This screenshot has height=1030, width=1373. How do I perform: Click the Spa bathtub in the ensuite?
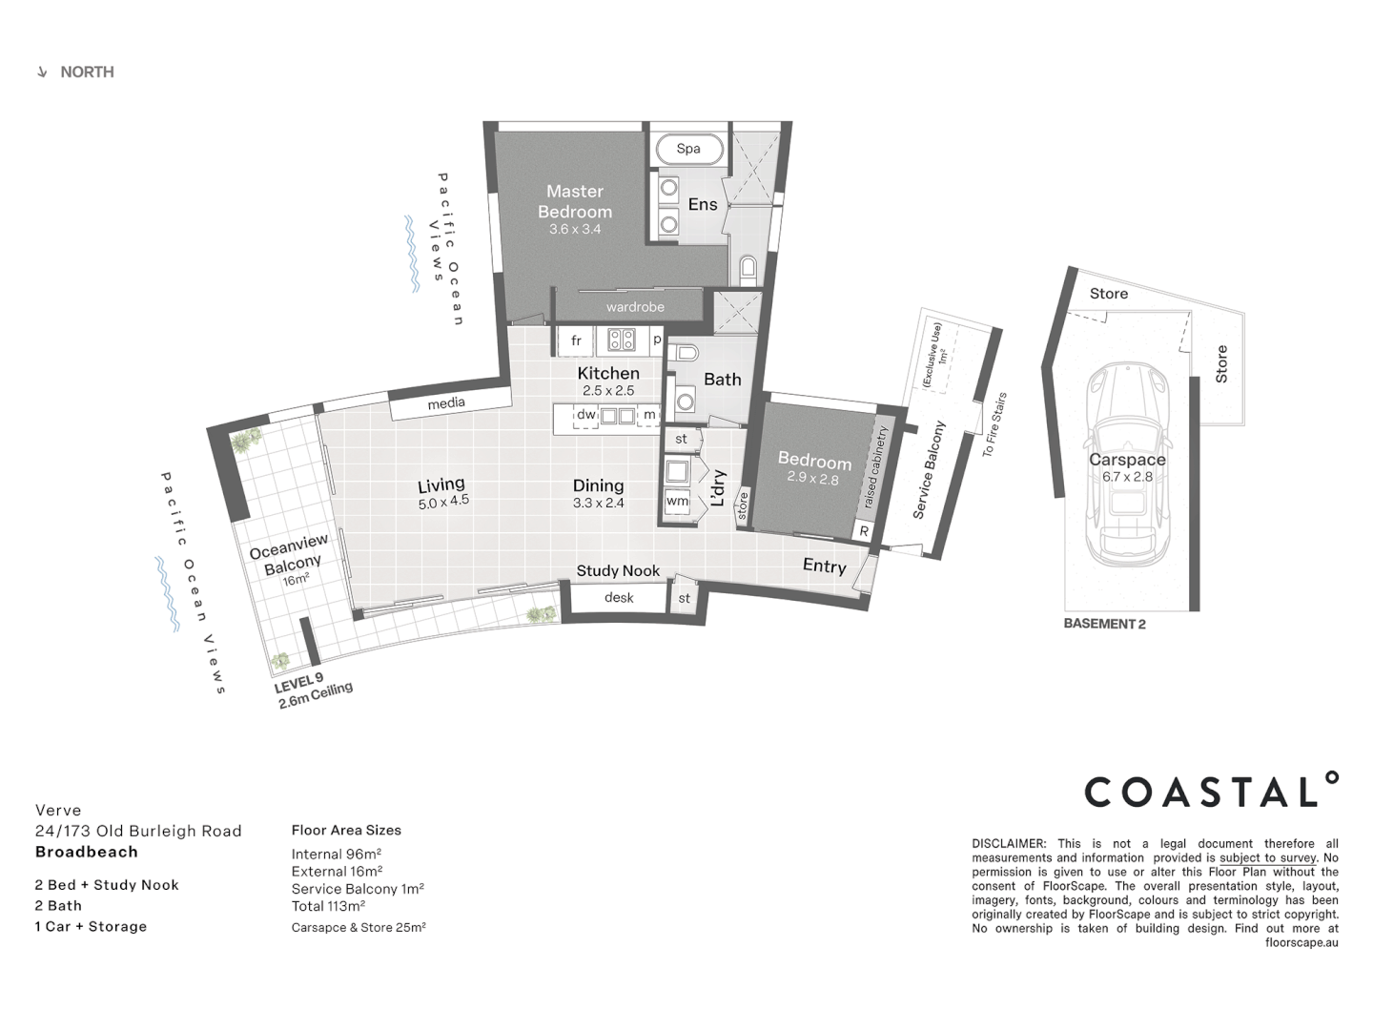point(688,149)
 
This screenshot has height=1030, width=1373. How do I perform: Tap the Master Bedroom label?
point(575,201)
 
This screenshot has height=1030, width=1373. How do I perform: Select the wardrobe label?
point(635,307)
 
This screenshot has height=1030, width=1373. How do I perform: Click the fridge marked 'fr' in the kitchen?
point(576,340)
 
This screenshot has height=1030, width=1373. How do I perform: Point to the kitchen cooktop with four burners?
point(622,340)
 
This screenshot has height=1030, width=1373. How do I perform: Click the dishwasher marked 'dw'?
point(585,415)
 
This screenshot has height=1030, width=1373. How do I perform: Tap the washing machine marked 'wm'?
point(677,501)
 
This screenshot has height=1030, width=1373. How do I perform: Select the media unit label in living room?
point(446,403)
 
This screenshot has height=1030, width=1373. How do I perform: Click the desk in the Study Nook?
point(619,598)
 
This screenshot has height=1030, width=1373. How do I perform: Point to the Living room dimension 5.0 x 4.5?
point(443,502)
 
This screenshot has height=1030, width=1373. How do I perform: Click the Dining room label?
point(598,485)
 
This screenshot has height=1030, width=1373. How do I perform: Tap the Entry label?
point(824,566)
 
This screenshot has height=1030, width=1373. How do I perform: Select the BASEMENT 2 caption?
point(1104,624)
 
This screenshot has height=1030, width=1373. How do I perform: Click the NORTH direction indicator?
point(76,72)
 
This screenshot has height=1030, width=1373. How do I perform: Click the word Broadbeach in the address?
point(87,852)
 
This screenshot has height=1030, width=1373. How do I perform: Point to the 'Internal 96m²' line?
point(337,854)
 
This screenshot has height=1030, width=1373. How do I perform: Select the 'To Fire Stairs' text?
point(994,424)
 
